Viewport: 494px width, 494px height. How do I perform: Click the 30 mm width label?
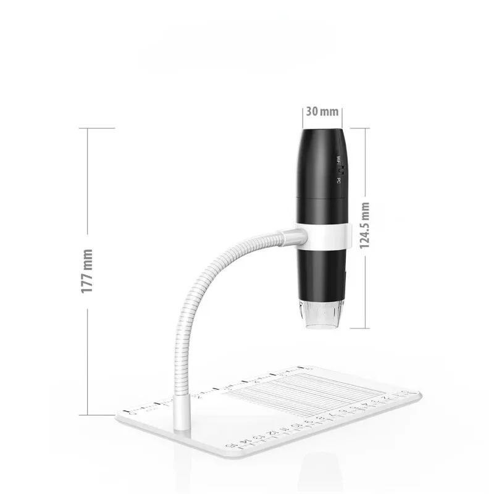322,112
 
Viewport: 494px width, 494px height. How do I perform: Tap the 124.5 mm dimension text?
365,225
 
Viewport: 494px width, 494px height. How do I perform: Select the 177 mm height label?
87,271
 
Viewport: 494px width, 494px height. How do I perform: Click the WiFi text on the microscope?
338,159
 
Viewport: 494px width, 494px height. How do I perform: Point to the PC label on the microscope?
338,180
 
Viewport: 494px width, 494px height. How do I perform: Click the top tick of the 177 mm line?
96,128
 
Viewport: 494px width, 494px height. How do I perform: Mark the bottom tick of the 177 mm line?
96,415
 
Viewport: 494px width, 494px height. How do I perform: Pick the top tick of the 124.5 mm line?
361,128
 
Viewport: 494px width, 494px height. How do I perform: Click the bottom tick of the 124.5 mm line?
361,329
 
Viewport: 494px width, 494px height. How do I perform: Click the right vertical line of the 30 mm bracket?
343,116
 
